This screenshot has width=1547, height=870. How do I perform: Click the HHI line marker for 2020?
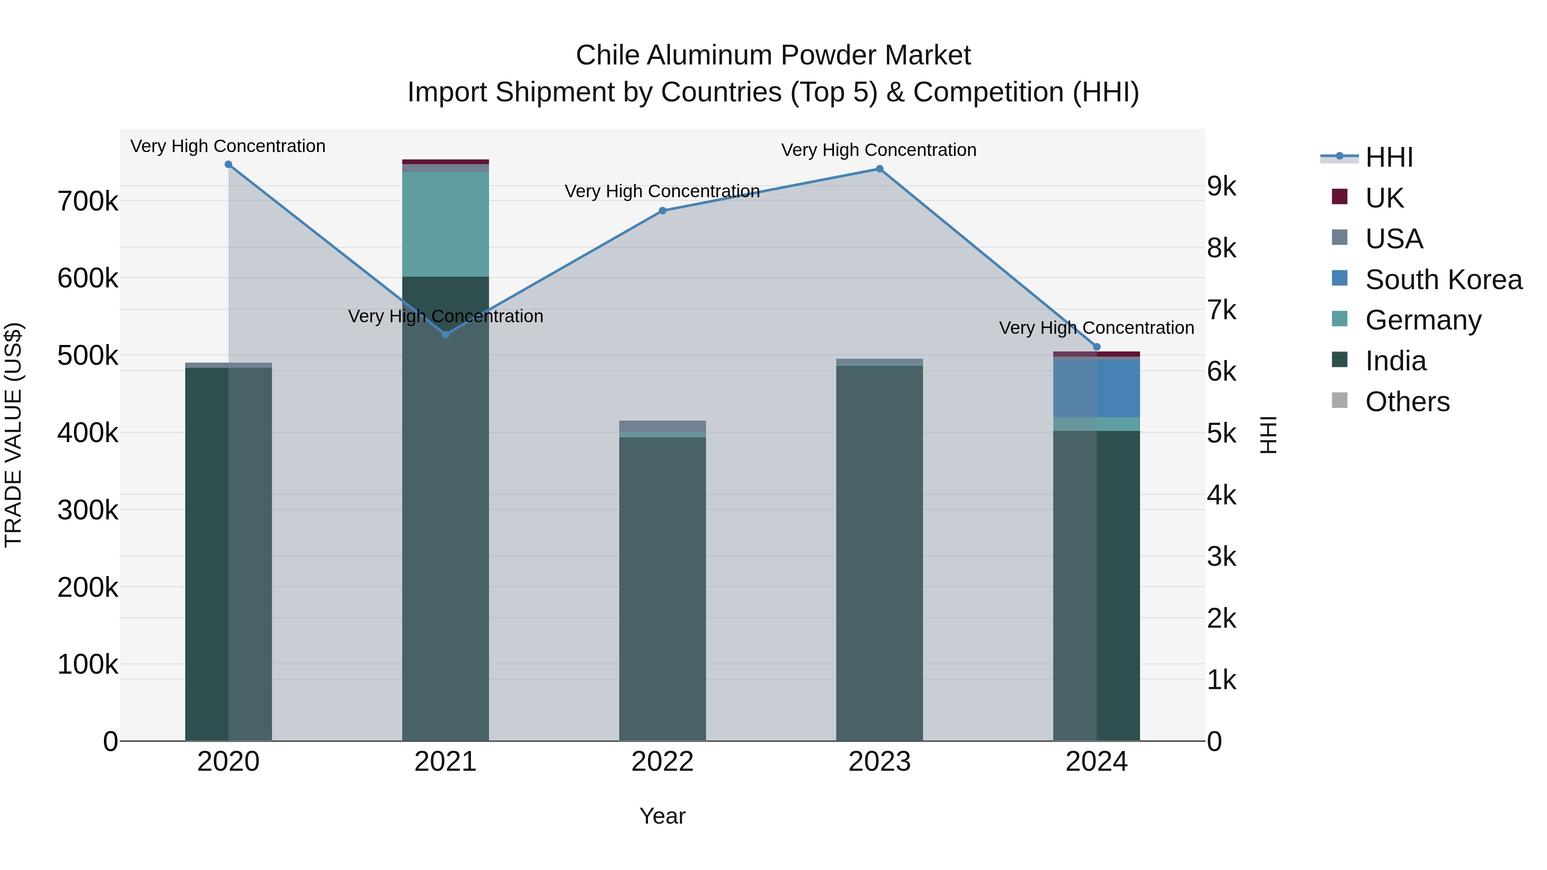coord(228,165)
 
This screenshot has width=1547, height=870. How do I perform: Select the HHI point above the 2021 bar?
coord(446,334)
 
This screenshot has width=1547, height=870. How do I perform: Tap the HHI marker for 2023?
coord(879,169)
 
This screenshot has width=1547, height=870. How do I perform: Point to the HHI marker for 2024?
coord(1097,347)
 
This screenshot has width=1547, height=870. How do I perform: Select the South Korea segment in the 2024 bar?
coord(1097,388)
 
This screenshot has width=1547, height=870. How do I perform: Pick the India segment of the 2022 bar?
coord(662,589)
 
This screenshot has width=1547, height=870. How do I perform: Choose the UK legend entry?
coord(1384,198)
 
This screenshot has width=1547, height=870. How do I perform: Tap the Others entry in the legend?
coord(1407,402)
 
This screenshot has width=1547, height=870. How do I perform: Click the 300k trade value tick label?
coord(88,510)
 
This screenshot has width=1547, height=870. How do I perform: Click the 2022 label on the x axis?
coord(662,762)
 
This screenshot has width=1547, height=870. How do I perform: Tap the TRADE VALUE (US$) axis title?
coord(13,435)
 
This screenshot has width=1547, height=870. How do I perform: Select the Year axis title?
coord(662,816)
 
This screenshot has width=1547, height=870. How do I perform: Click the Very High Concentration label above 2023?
coord(879,150)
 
